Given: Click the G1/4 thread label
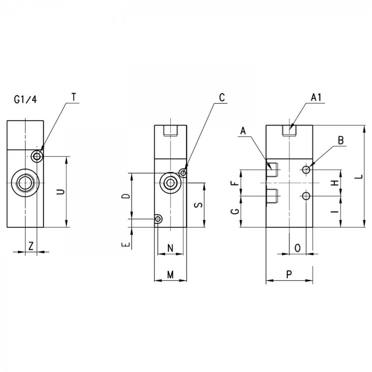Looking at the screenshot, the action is [x=25, y=100].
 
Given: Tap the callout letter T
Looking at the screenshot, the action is [x=74, y=97].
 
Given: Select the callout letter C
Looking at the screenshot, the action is [x=222, y=97].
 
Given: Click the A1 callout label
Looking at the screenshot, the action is [x=316, y=97].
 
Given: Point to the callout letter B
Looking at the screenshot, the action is [x=341, y=141].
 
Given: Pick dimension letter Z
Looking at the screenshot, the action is [x=31, y=246].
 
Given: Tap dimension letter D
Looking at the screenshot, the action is [x=127, y=196].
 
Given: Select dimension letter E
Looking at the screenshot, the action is [x=127, y=245].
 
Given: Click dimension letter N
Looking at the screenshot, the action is [x=170, y=248].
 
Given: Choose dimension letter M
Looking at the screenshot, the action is [x=170, y=274].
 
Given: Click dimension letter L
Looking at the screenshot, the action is [x=360, y=176].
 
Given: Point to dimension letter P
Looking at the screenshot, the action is [x=289, y=274].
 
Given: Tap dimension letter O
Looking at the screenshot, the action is [x=297, y=248].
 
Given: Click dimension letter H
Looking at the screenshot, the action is [x=335, y=183].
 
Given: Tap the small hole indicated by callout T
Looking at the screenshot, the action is [x=38, y=156].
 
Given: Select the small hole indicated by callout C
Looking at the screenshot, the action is [x=183, y=173].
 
